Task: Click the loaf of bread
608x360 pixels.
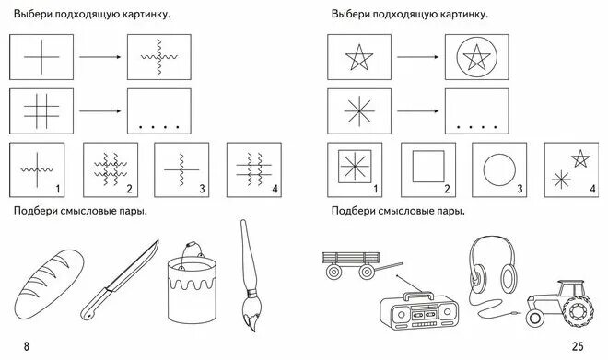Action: [x=54, y=275]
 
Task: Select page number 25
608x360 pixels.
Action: [x=578, y=346]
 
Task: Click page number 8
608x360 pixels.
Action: [x=27, y=346]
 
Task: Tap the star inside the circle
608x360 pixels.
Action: [x=477, y=58]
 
